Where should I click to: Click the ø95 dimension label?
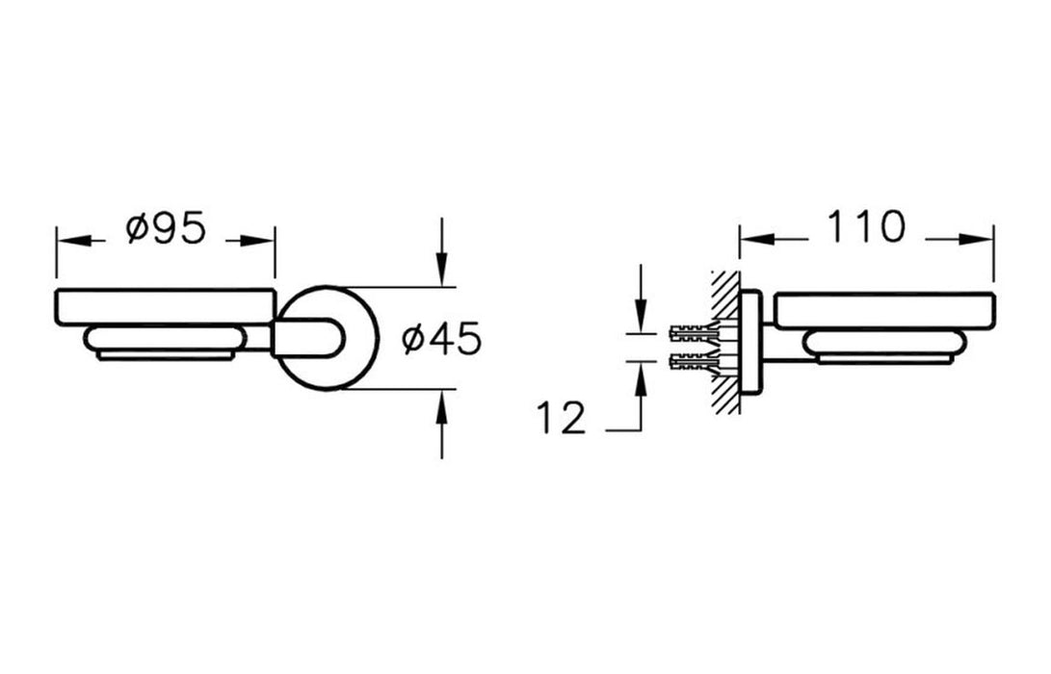[x=167, y=229]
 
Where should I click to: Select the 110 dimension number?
[x=865, y=227]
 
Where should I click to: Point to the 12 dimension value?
[x=561, y=419]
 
